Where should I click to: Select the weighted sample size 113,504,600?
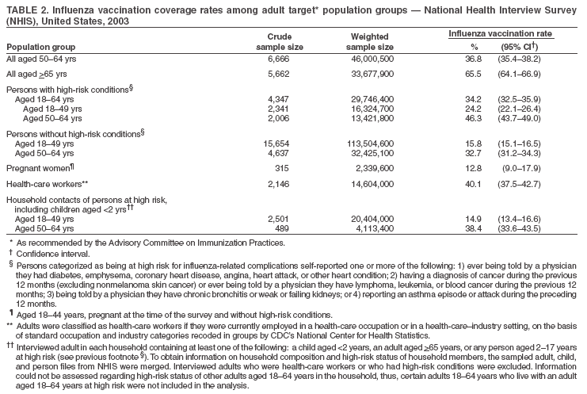coord(368,143)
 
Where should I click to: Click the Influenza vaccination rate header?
coord(501,35)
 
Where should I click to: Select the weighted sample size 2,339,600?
coord(374,166)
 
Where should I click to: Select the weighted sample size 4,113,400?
coord(374,227)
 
